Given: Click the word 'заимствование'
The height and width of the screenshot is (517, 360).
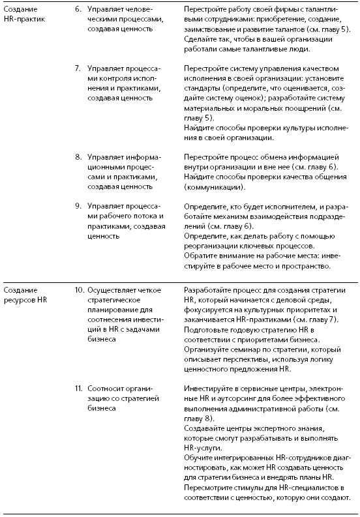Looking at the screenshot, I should [x=213, y=30].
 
